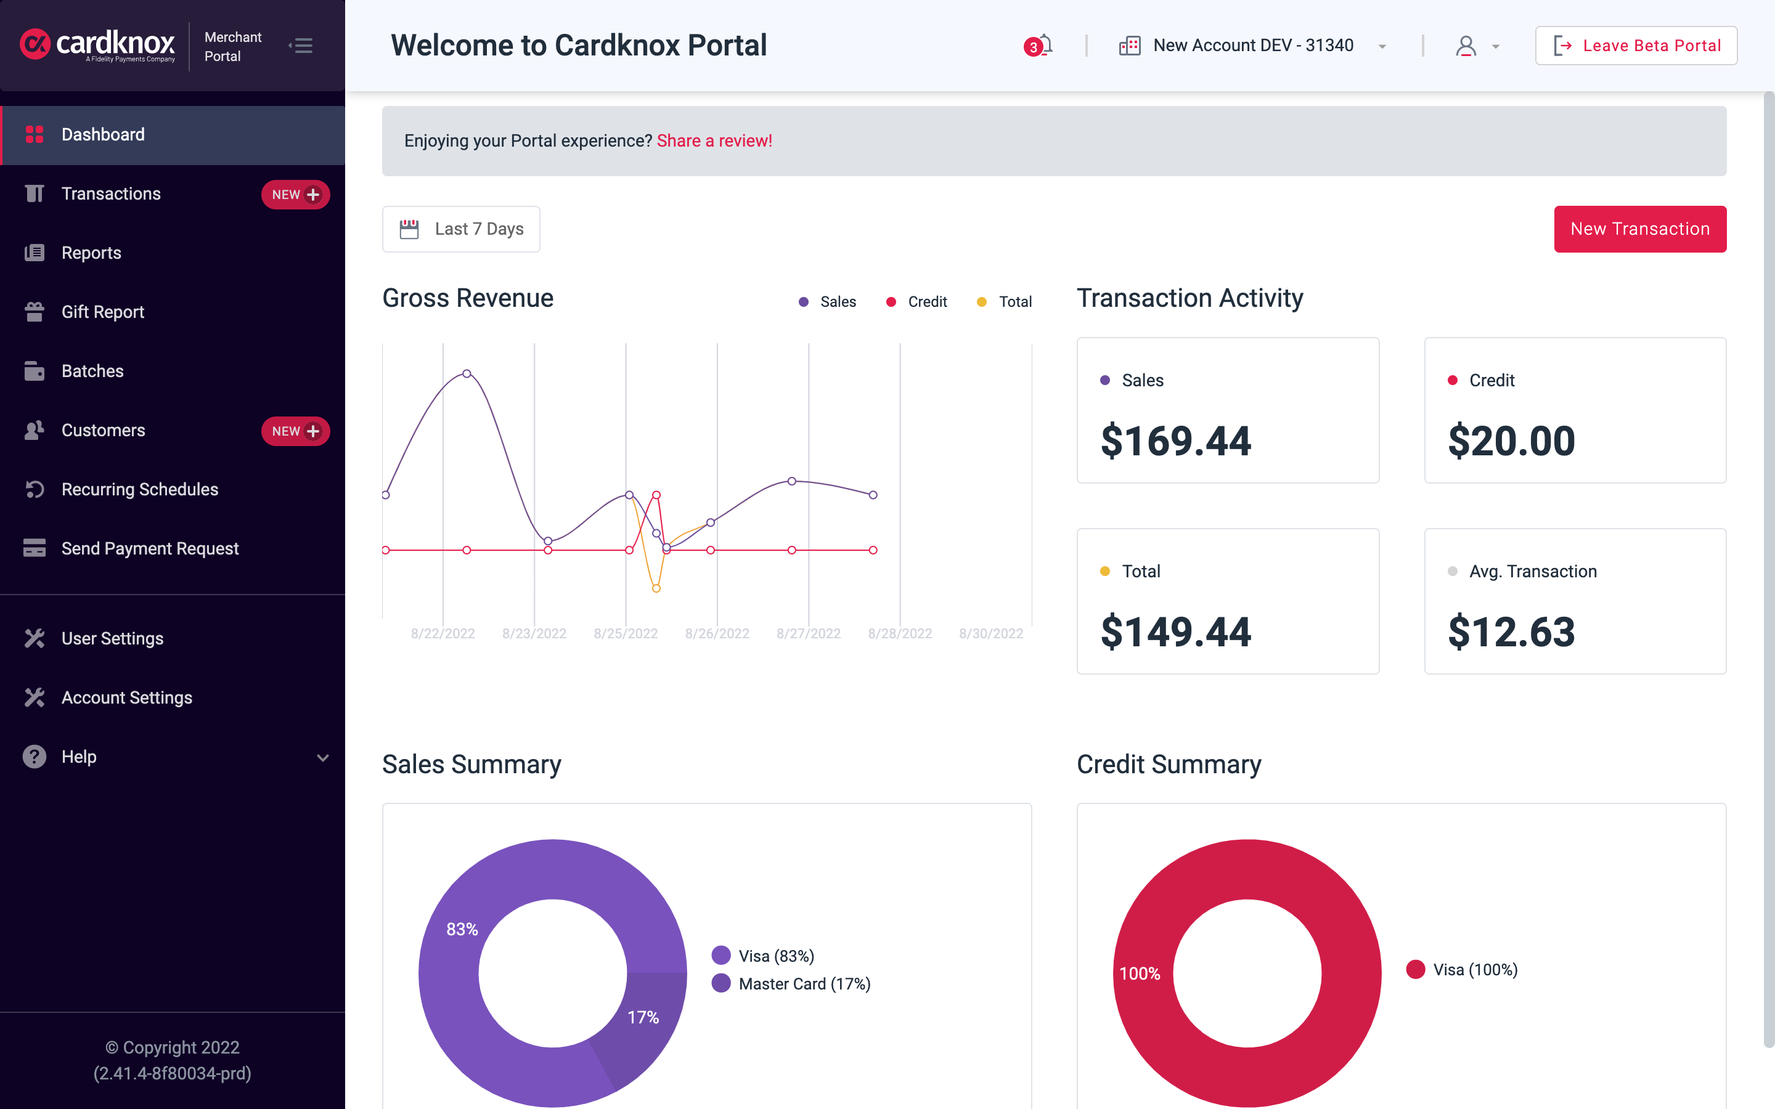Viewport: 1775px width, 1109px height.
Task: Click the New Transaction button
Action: (x=1639, y=229)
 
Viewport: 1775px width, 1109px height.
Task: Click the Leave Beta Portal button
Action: (x=1636, y=46)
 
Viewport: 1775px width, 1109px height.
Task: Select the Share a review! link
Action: (x=714, y=141)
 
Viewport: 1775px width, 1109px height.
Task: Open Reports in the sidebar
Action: (x=91, y=253)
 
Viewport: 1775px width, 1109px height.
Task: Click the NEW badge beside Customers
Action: (x=295, y=431)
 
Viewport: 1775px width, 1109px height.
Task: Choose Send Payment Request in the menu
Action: (x=150, y=548)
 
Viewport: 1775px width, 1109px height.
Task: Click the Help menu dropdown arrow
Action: (x=322, y=757)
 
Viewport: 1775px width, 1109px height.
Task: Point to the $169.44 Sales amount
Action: (x=1175, y=441)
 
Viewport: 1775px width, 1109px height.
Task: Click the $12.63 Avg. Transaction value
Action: (x=1511, y=632)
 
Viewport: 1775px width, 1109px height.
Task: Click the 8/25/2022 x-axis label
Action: (x=625, y=633)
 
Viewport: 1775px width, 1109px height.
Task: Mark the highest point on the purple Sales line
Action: (x=467, y=373)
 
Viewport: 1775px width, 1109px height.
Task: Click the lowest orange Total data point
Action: (x=656, y=588)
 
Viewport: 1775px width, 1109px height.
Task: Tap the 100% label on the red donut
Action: (x=1139, y=973)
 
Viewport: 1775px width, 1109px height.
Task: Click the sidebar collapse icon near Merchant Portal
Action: (x=301, y=46)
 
